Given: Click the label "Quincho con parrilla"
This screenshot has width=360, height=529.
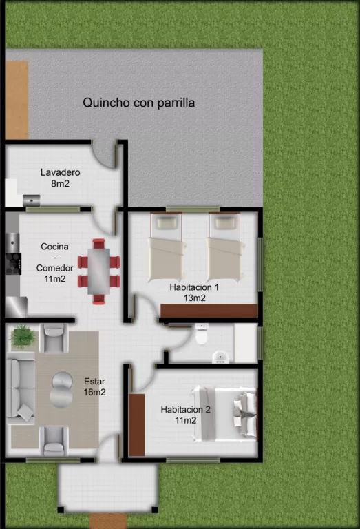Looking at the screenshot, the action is coord(138,103).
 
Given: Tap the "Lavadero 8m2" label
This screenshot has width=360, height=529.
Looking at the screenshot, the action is coord(61,178).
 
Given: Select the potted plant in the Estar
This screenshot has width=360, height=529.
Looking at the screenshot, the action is coord(23,336).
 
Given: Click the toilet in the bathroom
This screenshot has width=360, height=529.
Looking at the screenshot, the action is coord(202,334).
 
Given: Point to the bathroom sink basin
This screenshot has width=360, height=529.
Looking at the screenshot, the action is coord(220,357).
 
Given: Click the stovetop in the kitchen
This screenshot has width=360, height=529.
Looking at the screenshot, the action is coord(14,264).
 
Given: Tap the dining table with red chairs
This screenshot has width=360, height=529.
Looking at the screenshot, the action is coord(98,271).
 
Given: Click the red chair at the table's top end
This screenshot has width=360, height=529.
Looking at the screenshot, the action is coord(98,243).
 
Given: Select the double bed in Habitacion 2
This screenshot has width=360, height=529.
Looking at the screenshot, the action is coord(225,414).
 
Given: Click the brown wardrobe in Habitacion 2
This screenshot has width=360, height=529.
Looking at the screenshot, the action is coord(137,425).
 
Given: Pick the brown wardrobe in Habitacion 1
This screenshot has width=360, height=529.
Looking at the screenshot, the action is coord(209,311).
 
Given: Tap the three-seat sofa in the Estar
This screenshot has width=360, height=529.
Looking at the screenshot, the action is coord(21,388).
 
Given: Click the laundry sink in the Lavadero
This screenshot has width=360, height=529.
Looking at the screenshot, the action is coord(32,200).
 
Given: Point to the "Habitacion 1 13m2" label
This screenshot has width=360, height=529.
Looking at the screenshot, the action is coord(195,293).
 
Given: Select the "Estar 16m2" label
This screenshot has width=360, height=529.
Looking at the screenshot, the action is coord(94,386).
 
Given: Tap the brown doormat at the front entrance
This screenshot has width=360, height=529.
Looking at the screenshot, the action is coord(108,521).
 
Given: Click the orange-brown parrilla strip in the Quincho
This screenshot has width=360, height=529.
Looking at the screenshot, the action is coord(17,100).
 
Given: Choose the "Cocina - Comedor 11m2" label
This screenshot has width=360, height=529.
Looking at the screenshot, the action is coord(54,262).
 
